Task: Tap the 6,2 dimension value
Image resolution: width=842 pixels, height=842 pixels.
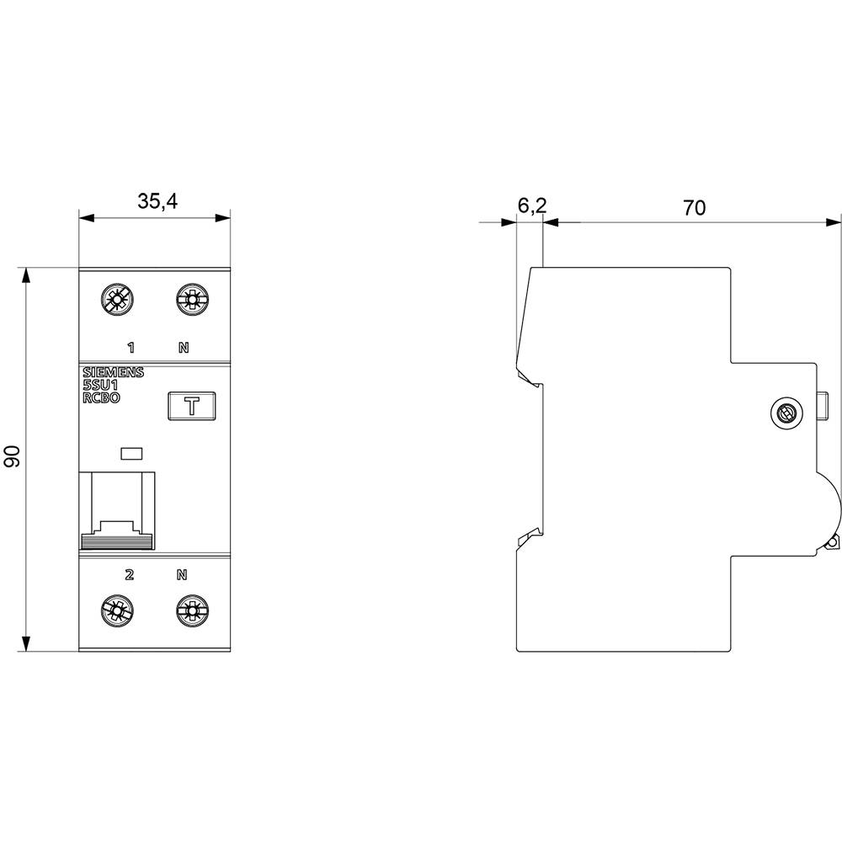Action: pos(532,205)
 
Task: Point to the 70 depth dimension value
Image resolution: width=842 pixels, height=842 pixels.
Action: pos(694,207)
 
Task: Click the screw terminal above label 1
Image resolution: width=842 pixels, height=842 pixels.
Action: pos(115,299)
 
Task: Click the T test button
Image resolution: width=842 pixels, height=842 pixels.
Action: pos(192,407)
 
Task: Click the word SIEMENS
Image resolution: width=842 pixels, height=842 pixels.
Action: pos(113,374)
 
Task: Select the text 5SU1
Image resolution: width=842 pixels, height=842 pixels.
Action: pos(99,386)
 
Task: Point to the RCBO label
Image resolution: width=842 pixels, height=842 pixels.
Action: pos(101,399)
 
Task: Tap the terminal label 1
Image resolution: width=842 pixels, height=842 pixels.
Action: pos(130,347)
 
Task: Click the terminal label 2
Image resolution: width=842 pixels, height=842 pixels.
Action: pos(129,576)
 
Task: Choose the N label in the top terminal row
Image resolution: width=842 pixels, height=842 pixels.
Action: pos(184,347)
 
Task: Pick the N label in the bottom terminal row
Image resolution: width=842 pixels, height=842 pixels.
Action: pos(181,576)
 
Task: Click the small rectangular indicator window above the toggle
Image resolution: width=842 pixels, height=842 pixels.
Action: pos(132,455)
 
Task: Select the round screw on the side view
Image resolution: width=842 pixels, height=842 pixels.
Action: pos(785,413)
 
